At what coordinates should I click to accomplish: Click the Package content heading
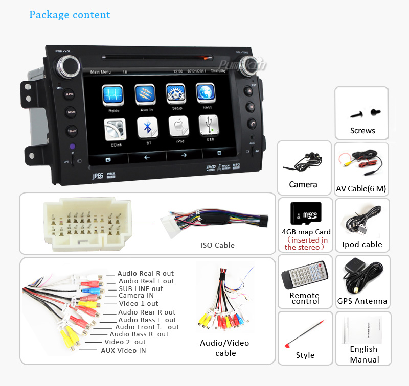pyautogui.click(x=70, y=14)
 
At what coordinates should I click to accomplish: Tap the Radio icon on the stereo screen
pyautogui.click(x=113, y=95)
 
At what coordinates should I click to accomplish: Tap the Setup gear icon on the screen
pyautogui.click(x=176, y=94)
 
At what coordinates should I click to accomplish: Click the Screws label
pyautogui.click(x=362, y=131)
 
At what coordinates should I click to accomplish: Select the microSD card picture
pyautogui.click(x=305, y=213)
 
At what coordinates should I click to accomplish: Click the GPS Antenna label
pyautogui.click(x=362, y=301)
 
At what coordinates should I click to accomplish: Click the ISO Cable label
pyautogui.click(x=217, y=245)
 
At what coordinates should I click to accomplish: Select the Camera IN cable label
pyautogui.click(x=136, y=296)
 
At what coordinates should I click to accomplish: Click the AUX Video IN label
pyautogui.click(x=123, y=350)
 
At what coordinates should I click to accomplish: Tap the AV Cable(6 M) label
pyautogui.click(x=361, y=189)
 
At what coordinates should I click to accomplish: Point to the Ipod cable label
pyautogui.click(x=362, y=245)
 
